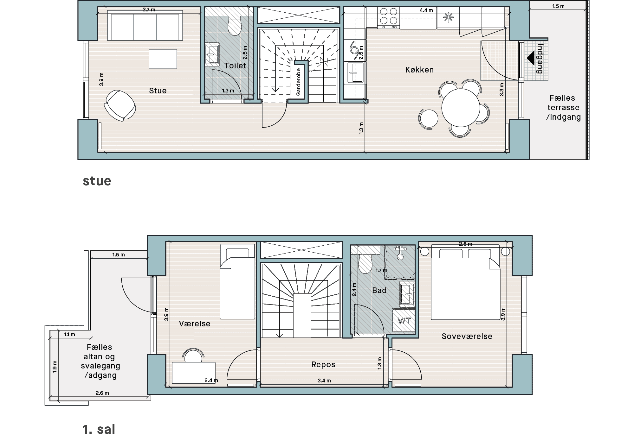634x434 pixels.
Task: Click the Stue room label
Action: (x=158, y=91)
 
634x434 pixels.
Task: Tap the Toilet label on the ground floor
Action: (x=235, y=66)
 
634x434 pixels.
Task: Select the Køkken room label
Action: (x=419, y=70)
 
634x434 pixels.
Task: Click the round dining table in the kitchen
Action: (x=461, y=107)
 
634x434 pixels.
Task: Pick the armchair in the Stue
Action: (x=120, y=105)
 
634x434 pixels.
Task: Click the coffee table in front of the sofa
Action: (x=163, y=59)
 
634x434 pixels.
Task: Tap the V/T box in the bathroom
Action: (x=404, y=321)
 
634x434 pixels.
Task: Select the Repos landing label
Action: (x=323, y=365)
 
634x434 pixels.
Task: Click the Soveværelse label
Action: (x=467, y=336)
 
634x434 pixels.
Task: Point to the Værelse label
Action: (x=195, y=324)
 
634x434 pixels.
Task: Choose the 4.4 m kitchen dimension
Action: (x=426, y=10)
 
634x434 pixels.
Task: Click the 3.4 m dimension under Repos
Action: (x=324, y=381)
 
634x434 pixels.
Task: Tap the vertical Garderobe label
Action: (x=298, y=82)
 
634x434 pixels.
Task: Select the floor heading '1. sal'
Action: (x=99, y=429)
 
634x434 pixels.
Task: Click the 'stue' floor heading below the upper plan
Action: (x=97, y=181)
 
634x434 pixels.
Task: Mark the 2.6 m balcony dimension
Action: (x=102, y=393)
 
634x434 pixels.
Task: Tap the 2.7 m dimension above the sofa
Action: (x=149, y=10)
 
